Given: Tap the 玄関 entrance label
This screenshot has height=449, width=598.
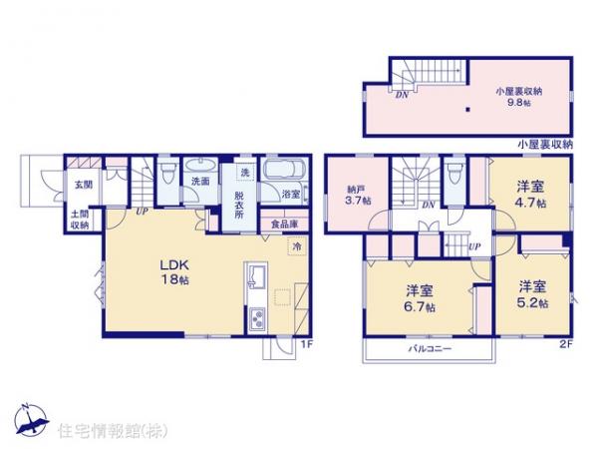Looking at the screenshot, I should [x=79, y=184].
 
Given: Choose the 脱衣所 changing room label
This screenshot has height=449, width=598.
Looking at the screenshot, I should [x=240, y=203].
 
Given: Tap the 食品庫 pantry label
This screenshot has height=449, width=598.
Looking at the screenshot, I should [x=282, y=224].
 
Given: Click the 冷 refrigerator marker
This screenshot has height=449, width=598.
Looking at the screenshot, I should [x=297, y=244].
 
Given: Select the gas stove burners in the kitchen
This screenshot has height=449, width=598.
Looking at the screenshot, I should [x=255, y=318].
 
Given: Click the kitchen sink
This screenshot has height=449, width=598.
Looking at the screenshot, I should [x=255, y=276].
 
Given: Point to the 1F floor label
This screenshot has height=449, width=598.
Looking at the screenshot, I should [x=308, y=344].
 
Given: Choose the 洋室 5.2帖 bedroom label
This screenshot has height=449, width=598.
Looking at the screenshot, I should [x=530, y=294].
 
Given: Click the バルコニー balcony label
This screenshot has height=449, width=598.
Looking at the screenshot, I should [x=430, y=350].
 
